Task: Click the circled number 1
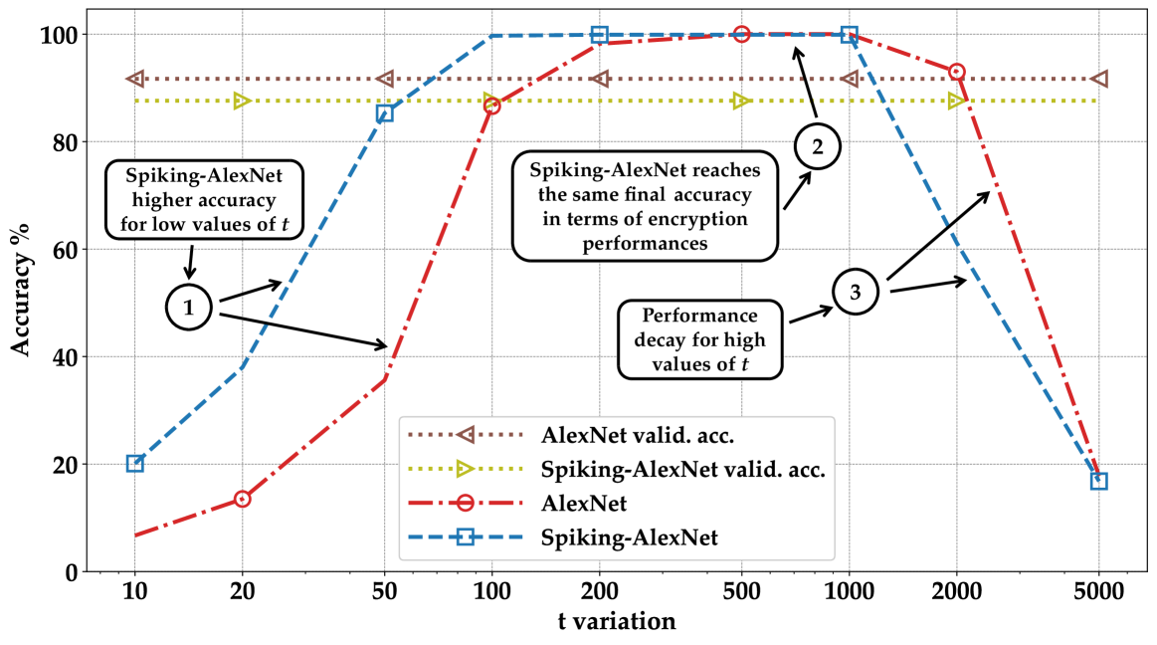(188, 308)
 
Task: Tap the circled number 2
(817, 148)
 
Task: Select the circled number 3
(855, 292)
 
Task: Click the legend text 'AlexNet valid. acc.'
(638, 435)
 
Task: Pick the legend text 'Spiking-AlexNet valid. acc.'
(682, 469)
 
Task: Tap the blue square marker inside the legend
(463, 537)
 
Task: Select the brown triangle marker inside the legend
(463, 435)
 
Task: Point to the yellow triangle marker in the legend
(463, 469)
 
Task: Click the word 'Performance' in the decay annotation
(699, 316)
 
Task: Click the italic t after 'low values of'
(286, 224)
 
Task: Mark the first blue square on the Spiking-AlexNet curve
(135, 463)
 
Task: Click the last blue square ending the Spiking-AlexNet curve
(1098, 481)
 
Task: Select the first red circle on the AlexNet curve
(242, 499)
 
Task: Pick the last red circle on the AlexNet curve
(957, 72)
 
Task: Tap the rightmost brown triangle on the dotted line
(1098, 79)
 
